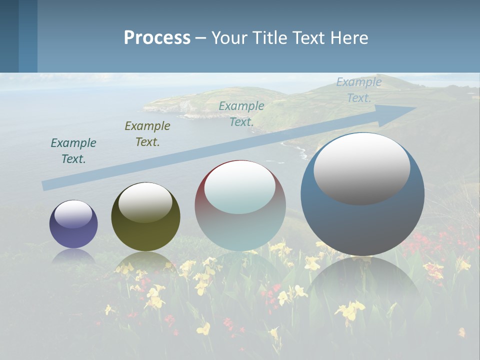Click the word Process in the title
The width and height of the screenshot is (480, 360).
(157, 38)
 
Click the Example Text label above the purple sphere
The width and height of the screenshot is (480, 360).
(73, 151)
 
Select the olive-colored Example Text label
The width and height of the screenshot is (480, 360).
(147, 134)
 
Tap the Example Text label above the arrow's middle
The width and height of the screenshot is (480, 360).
(241, 114)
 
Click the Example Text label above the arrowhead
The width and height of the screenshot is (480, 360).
(359, 90)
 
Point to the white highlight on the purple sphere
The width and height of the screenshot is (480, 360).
(73, 213)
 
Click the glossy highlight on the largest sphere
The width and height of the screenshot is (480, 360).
(361, 167)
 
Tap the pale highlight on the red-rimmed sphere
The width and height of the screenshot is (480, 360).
(240, 186)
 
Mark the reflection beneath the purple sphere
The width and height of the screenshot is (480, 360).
(73, 256)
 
